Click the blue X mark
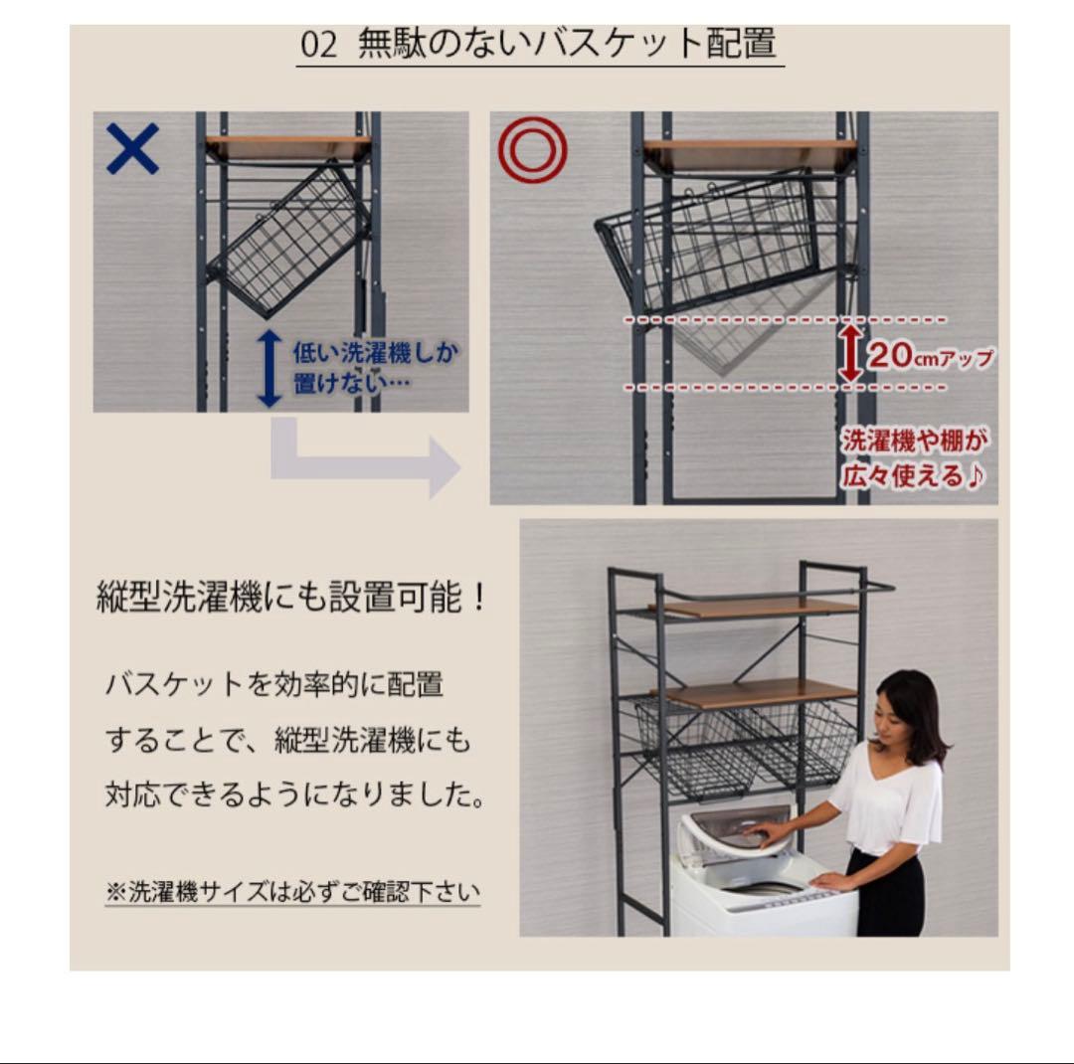(132, 150)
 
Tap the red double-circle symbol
(532, 150)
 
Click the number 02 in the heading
(318, 47)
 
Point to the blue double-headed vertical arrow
(269, 369)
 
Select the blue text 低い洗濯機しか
(376, 353)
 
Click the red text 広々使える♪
(915, 475)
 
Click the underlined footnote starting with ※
(292, 891)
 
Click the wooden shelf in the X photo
(288, 147)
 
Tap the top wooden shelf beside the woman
(756, 609)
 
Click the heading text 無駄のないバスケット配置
(567, 47)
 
